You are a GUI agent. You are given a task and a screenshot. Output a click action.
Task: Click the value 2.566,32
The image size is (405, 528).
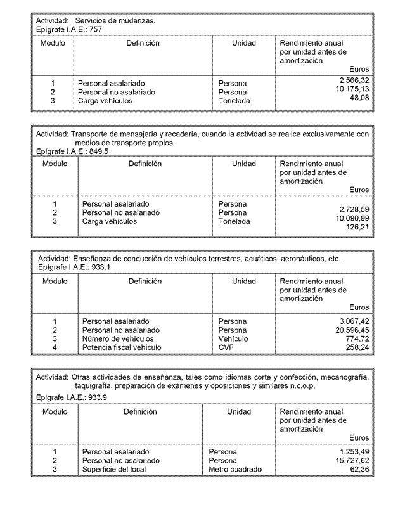point(354,81)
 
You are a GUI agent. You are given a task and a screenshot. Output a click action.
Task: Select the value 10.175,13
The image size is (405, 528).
point(352,89)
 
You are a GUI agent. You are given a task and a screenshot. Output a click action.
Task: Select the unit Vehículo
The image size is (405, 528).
point(233,339)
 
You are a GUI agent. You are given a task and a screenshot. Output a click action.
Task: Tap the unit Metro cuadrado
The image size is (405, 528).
point(235,469)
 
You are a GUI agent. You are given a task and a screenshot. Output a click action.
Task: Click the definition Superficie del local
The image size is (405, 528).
point(114,469)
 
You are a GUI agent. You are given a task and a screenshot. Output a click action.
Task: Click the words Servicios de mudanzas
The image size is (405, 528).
point(115,21)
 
